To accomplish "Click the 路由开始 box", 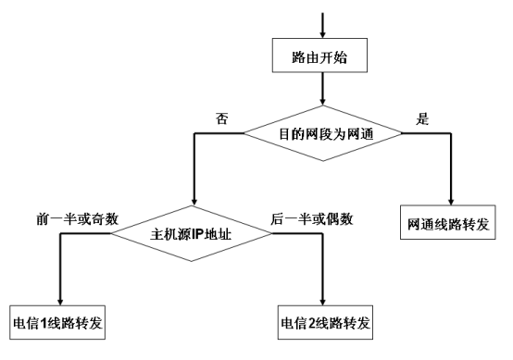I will point(320,56).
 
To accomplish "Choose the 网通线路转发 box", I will point(449,226).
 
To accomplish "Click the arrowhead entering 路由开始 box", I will point(320,34).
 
